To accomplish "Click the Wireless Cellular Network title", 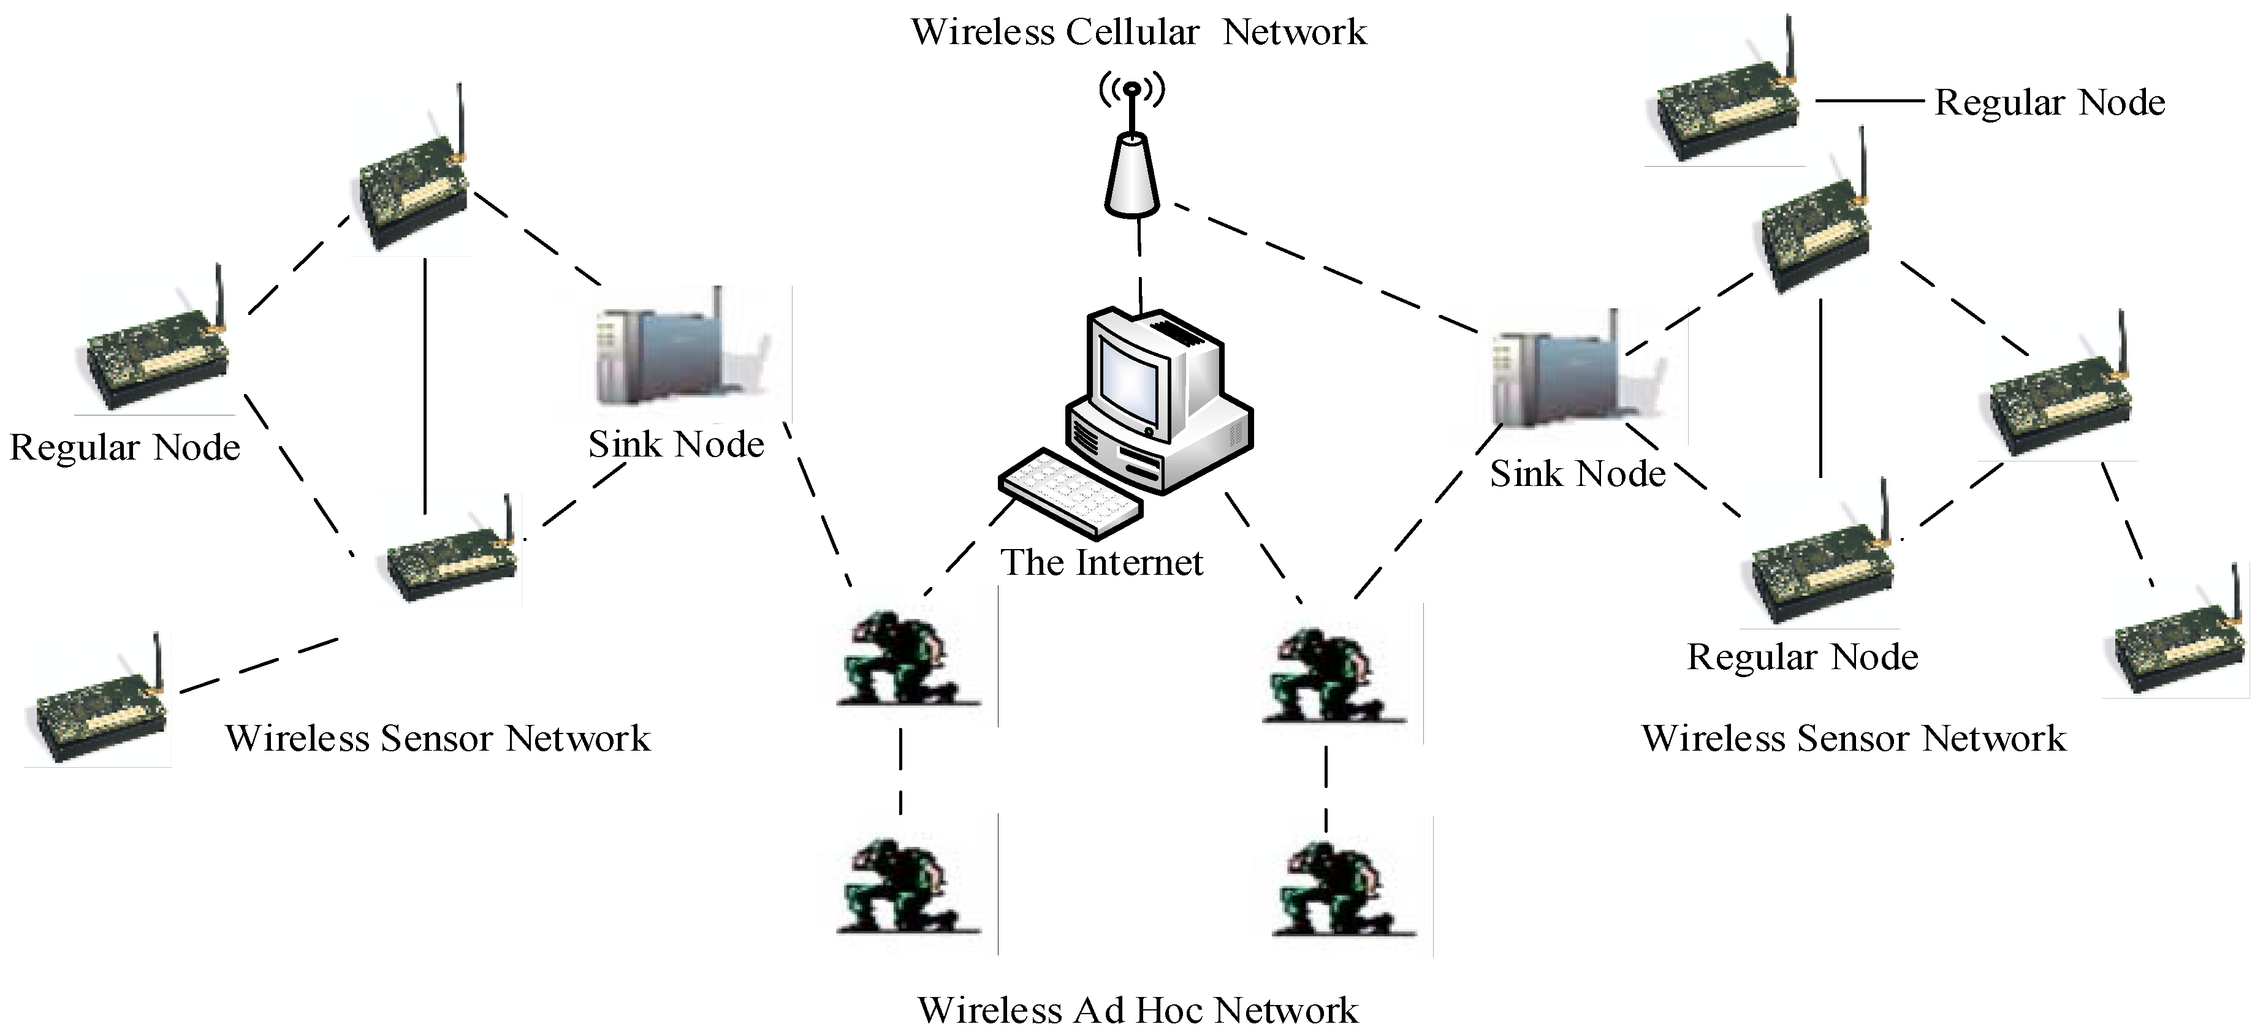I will click(1138, 32).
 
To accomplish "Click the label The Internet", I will click(1101, 563).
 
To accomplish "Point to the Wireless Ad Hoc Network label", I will click(1138, 1010).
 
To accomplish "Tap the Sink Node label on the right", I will click(1577, 474).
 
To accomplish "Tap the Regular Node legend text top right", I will click(2050, 103).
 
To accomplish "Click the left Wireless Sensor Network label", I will click(438, 738).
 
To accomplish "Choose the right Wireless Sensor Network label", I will click(1854, 738).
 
